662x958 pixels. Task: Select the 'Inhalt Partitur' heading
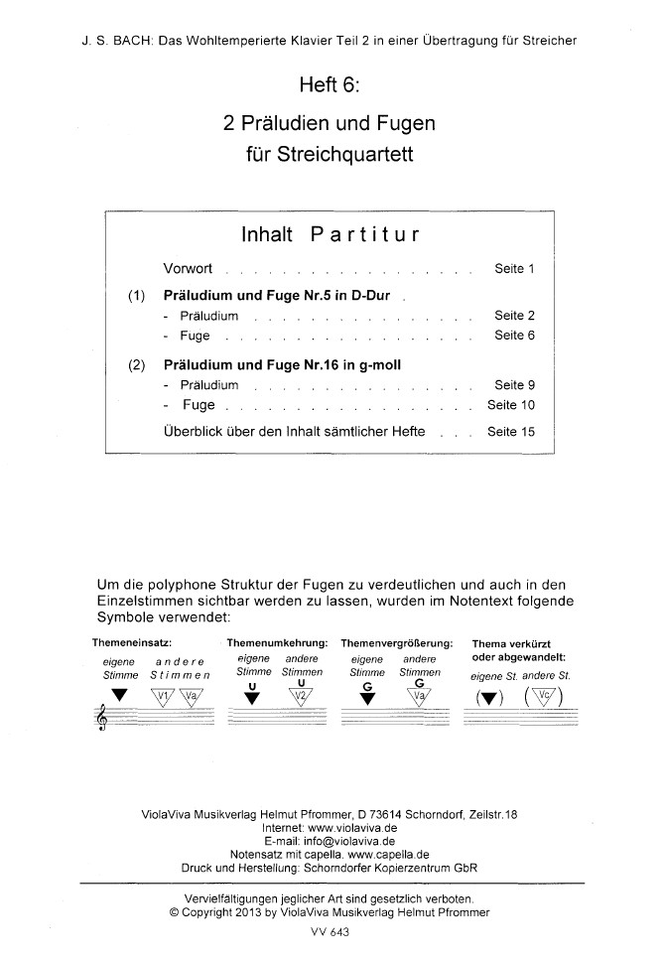tap(329, 236)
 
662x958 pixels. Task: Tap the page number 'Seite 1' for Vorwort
tap(515, 269)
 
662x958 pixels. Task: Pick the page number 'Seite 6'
tap(515, 336)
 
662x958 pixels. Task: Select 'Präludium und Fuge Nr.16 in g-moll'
tap(282, 364)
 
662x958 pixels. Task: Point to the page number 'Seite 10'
tap(511, 405)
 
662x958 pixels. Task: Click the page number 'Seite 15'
tap(511, 432)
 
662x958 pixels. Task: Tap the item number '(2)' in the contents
tap(138, 364)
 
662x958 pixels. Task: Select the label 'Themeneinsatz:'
tap(133, 641)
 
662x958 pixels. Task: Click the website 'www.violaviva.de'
tap(356, 826)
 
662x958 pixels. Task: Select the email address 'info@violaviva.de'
tap(355, 839)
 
